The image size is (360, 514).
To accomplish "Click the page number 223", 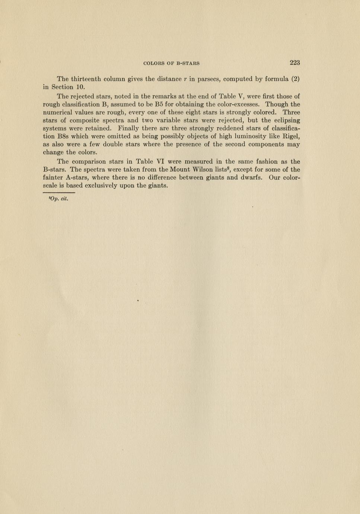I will [x=294, y=63].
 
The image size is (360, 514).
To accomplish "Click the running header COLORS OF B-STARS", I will [x=171, y=63].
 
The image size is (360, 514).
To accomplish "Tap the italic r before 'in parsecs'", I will [x=185, y=79].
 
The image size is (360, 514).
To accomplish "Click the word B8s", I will [x=60, y=136].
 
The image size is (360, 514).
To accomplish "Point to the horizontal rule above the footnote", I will [x=59, y=193].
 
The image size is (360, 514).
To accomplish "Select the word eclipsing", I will [x=286, y=120].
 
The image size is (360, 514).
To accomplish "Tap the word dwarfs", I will [x=251, y=178].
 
